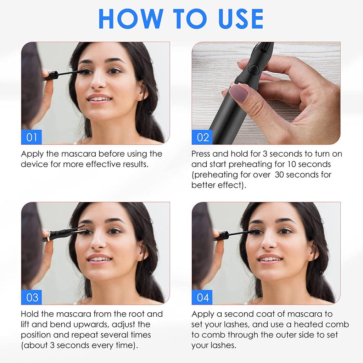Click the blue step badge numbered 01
pyautogui.click(x=32, y=137)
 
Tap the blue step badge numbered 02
pyautogui.click(x=202, y=137)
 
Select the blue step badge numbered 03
pyautogui.click(x=32, y=297)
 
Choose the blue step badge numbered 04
pyautogui.click(x=202, y=297)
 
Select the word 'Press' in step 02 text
pyautogui.click(x=202, y=154)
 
